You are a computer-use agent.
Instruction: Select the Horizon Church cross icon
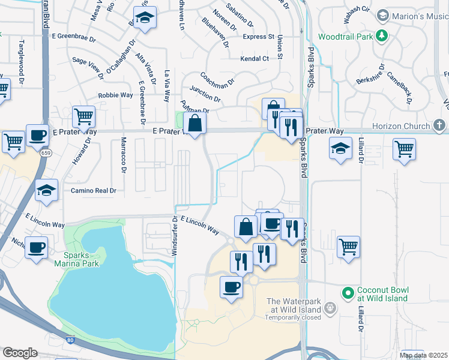point(439,125)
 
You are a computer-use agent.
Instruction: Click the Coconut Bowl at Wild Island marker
point(347,293)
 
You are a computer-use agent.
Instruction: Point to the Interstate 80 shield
point(71,340)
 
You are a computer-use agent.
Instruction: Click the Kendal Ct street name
point(255,58)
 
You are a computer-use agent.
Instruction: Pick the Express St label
point(258,37)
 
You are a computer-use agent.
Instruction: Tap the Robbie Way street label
point(116,95)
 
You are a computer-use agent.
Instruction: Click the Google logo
point(20,353)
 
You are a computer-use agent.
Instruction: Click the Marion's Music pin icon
point(382,16)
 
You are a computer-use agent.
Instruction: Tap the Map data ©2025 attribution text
point(423,355)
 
